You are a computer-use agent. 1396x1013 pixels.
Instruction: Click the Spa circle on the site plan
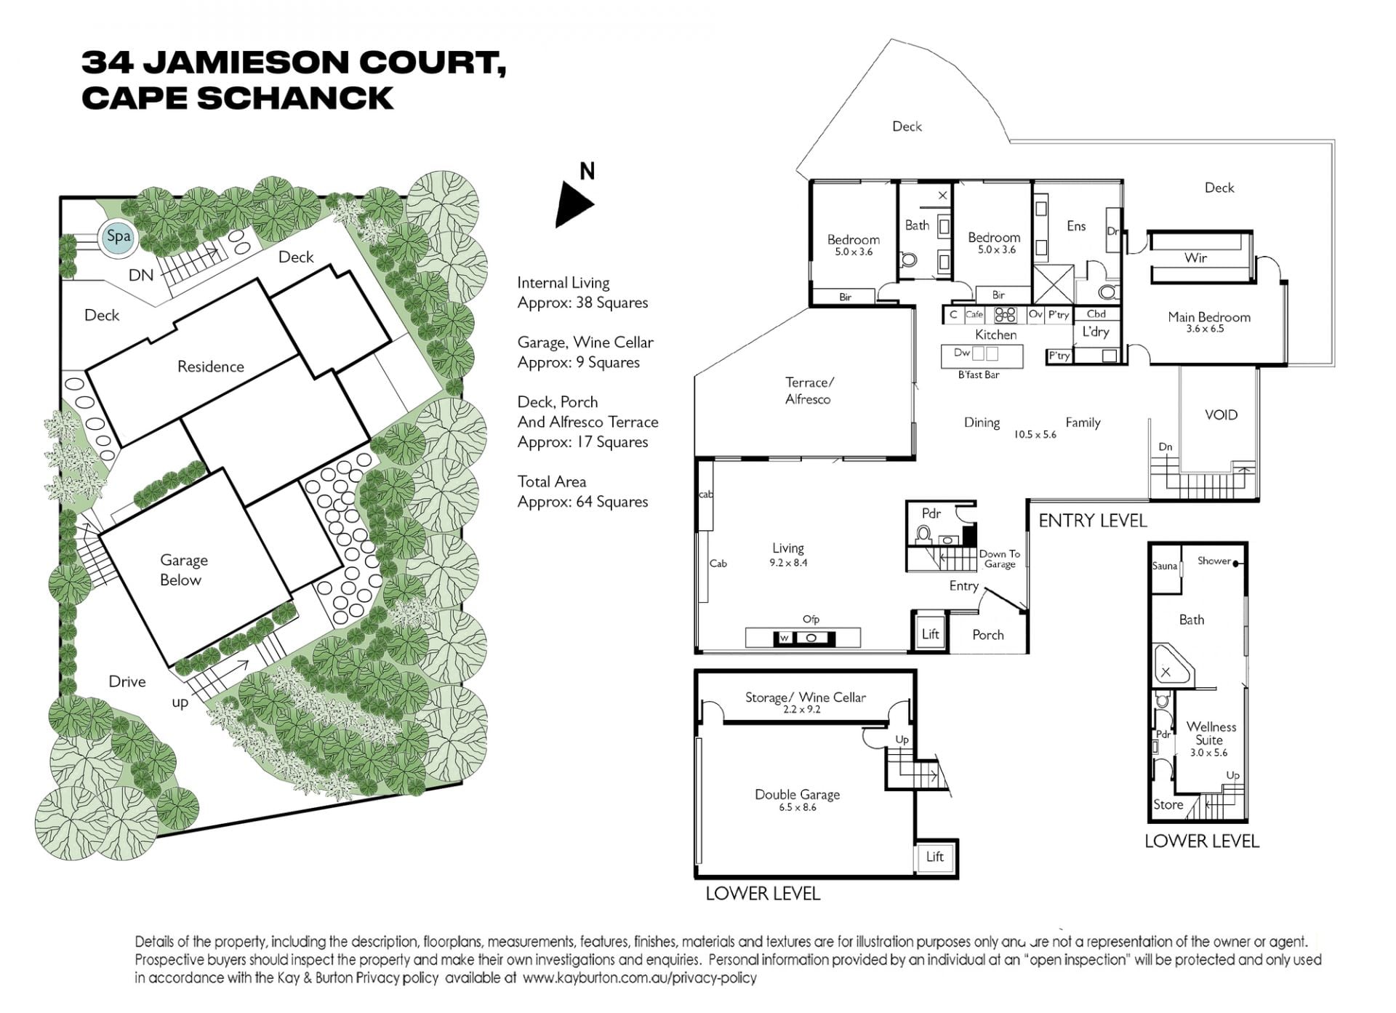pyautogui.click(x=118, y=236)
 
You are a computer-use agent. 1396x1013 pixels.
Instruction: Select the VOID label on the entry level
pyautogui.click(x=1221, y=415)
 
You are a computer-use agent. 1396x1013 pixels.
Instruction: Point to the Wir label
pyautogui.click(x=1196, y=257)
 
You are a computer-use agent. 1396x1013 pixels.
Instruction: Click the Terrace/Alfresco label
pyautogui.click(x=809, y=391)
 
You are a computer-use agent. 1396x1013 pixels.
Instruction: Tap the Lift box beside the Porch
pyautogui.click(x=931, y=634)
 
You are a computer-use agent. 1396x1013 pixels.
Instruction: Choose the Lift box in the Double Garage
pyautogui.click(x=935, y=857)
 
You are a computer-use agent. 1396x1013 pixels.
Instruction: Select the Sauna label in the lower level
pyautogui.click(x=1165, y=566)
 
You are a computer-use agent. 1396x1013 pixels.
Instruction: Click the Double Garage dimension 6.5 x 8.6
pyautogui.click(x=798, y=807)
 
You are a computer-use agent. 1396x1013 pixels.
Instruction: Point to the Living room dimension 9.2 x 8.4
pyautogui.click(x=788, y=562)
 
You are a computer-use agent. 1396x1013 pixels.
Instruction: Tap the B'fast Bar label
pyautogui.click(x=979, y=375)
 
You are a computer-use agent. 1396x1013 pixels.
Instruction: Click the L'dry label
pyautogui.click(x=1096, y=332)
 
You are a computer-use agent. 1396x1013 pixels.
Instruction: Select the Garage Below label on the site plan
pyautogui.click(x=182, y=570)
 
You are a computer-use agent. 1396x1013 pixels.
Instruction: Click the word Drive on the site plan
pyautogui.click(x=127, y=681)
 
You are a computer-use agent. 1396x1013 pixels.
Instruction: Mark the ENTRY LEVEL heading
pyautogui.click(x=1093, y=521)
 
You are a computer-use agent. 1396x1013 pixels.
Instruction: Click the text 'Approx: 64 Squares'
pyautogui.click(x=582, y=502)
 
